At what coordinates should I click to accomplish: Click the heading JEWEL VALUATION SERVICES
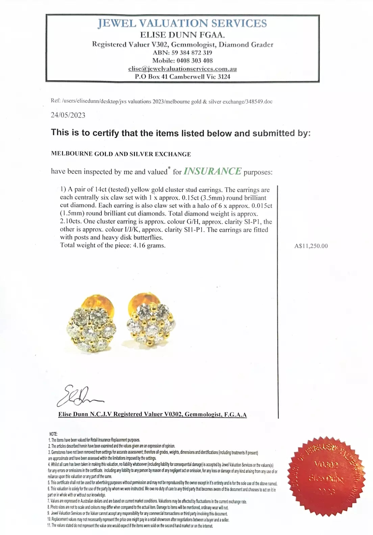click(182, 23)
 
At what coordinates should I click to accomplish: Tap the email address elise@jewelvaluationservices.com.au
click(182, 69)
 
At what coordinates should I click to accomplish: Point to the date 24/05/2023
click(68, 115)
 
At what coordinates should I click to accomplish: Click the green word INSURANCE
click(213, 171)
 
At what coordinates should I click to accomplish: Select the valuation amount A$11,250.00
click(311, 246)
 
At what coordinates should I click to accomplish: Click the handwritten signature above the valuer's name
click(80, 396)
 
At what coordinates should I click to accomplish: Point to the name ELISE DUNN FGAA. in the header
click(182, 35)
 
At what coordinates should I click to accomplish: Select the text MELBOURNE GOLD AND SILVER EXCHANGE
click(121, 154)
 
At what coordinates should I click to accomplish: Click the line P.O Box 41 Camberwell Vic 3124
click(182, 77)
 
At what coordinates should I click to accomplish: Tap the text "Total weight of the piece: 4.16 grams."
click(113, 245)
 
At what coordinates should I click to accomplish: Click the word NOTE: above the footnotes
click(53, 434)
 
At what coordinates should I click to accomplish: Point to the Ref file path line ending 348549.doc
click(161, 101)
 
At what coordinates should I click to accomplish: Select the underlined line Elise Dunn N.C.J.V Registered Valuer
click(152, 414)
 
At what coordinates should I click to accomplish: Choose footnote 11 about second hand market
click(130, 526)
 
